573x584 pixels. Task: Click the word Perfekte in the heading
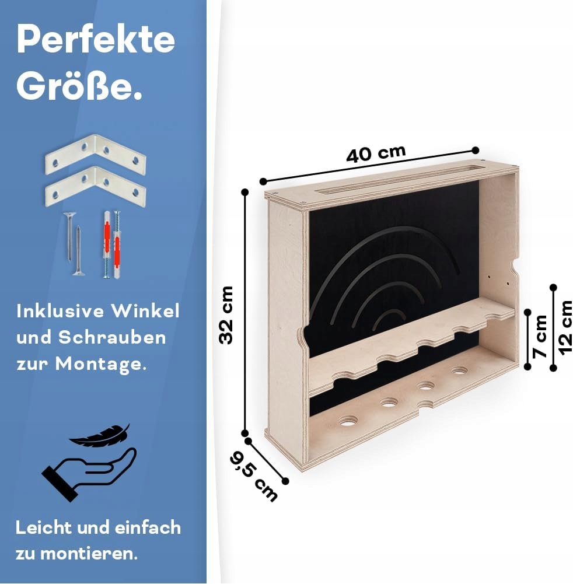coord(96,40)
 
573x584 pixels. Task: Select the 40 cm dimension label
coord(375,154)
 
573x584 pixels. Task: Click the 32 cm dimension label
coord(226,314)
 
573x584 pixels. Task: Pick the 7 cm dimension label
coord(540,336)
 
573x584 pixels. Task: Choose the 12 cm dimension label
coord(564,327)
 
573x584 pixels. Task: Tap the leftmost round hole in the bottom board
coord(348,420)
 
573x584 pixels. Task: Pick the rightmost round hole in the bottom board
coord(460,370)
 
